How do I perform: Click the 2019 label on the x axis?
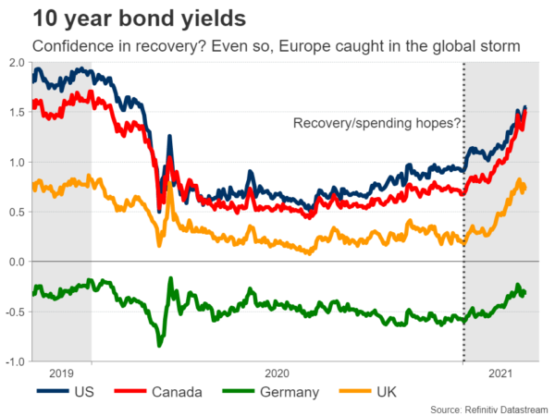[62, 374]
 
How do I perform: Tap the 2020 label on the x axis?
[277, 374]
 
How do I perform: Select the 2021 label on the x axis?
[500, 374]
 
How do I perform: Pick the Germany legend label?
[290, 392]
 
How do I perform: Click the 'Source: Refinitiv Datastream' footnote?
[485, 408]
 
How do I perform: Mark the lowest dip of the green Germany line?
[159, 345]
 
